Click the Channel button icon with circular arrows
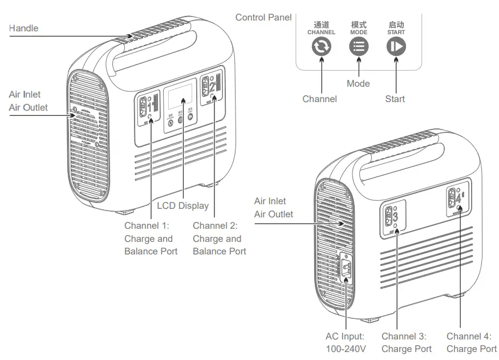point(321,47)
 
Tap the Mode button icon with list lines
point(359,47)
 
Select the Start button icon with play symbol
point(396,47)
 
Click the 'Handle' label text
point(24,28)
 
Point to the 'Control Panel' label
point(263,18)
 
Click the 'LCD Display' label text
point(182,205)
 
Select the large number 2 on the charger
point(212,87)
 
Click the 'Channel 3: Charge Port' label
point(406,343)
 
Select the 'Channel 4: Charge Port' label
point(471,343)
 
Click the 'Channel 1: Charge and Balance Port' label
point(151,238)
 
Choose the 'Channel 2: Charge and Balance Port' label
point(219,238)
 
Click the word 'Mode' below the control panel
point(358,84)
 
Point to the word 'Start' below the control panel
point(395,99)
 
